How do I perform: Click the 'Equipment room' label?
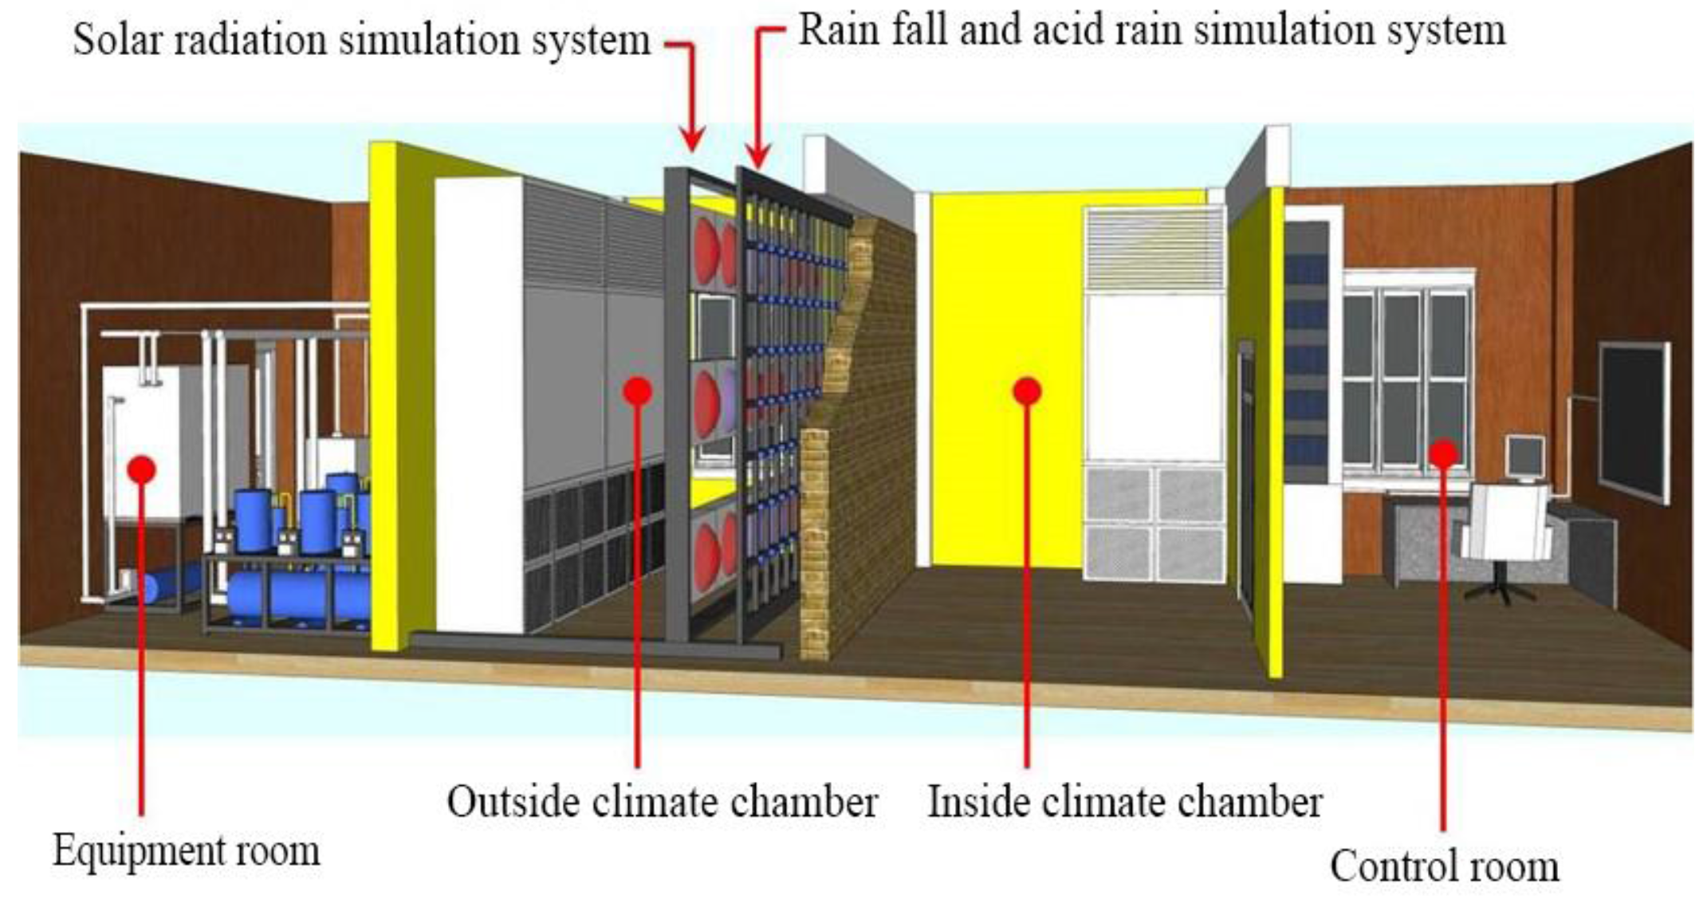coord(187,851)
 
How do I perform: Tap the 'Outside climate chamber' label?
coord(662,802)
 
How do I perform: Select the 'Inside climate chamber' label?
coord(1125,802)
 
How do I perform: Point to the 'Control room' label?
coord(1444,866)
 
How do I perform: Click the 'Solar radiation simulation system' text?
coord(362,39)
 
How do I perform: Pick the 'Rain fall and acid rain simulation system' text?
coord(1151,30)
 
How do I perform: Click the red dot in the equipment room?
coord(142,469)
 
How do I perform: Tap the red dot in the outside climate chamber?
coord(637,391)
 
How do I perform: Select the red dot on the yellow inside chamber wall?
coord(1027,391)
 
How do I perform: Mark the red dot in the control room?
coord(1443,454)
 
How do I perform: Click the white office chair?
coord(1505,530)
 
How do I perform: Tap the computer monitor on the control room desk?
coord(1524,457)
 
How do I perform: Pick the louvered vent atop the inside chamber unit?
coord(1154,248)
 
